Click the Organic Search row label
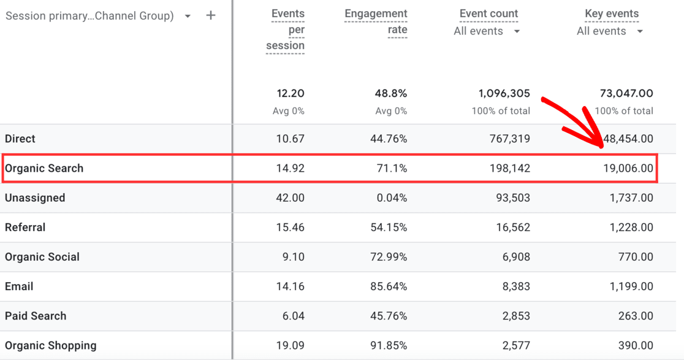click(44, 169)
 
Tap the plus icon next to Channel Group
click(211, 15)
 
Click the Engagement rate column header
click(376, 21)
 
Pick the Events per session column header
click(286, 29)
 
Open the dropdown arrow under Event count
click(517, 31)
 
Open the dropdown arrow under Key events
click(640, 31)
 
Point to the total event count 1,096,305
click(504, 94)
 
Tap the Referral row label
click(25, 228)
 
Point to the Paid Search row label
click(36, 316)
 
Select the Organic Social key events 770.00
click(636, 257)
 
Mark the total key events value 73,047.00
click(626, 94)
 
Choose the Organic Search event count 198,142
click(507, 169)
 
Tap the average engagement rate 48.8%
click(391, 94)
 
